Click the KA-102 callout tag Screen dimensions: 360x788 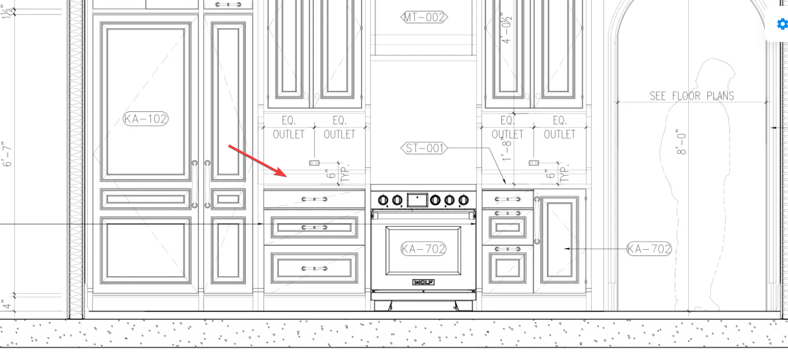tap(146, 119)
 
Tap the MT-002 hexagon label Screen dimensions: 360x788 tap(424, 18)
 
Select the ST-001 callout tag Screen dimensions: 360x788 tap(424, 148)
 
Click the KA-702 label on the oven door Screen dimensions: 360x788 tap(423, 249)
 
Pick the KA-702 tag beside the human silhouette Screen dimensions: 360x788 tap(649, 249)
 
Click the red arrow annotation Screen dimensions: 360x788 tap(258, 160)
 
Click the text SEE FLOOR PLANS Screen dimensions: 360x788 tap(691, 96)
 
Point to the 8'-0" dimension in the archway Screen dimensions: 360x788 tap(681, 142)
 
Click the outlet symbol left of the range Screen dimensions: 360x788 tap(314, 163)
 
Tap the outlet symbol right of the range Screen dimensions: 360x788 tap(533, 163)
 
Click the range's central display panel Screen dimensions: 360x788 tap(417, 199)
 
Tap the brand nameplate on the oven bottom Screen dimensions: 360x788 tap(423, 282)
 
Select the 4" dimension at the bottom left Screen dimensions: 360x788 tap(6, 304)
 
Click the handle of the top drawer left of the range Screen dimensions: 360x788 tap(314, 199)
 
